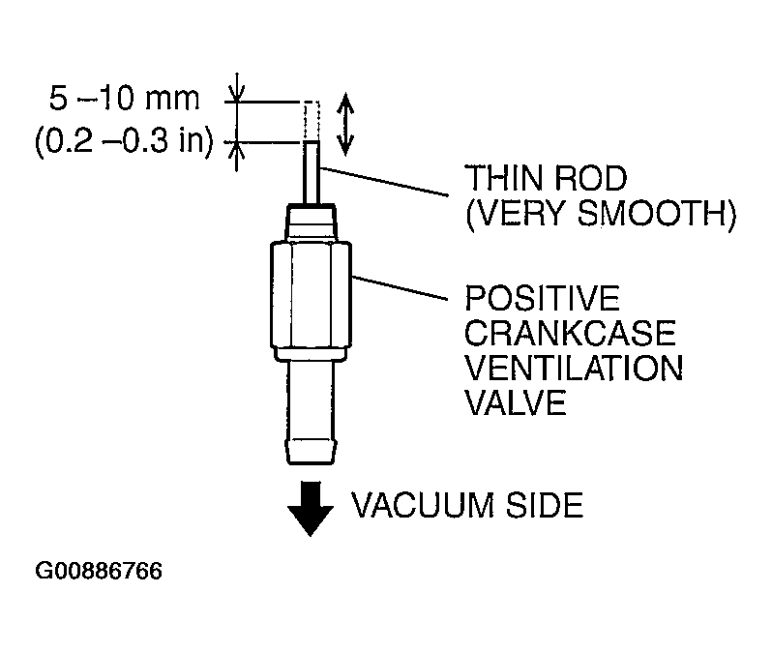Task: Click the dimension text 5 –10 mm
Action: [x=125, y=98]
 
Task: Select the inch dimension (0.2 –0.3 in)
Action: [x=125, y=141]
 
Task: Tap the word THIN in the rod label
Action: [x=503, y=178]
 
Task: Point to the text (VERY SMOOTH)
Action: [x=601, y=214]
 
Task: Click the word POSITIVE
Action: [x=542, y=298]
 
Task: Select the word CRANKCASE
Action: [x=570, y=334]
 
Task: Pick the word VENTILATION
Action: [x=574, y=369]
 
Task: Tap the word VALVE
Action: [x=516, y=403]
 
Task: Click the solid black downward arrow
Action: [x=311, y=509]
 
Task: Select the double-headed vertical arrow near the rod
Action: [x=345, y=124]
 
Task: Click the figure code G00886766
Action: [x=99, y=572]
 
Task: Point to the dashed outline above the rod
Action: [x=312, y=121]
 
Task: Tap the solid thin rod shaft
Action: [x=312, y=172]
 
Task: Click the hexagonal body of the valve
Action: [x=311, y=294]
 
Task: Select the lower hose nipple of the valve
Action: [x=311, y=412]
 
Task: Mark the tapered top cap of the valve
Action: [x=312, y=222]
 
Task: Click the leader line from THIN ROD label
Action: [x=384, y=182]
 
